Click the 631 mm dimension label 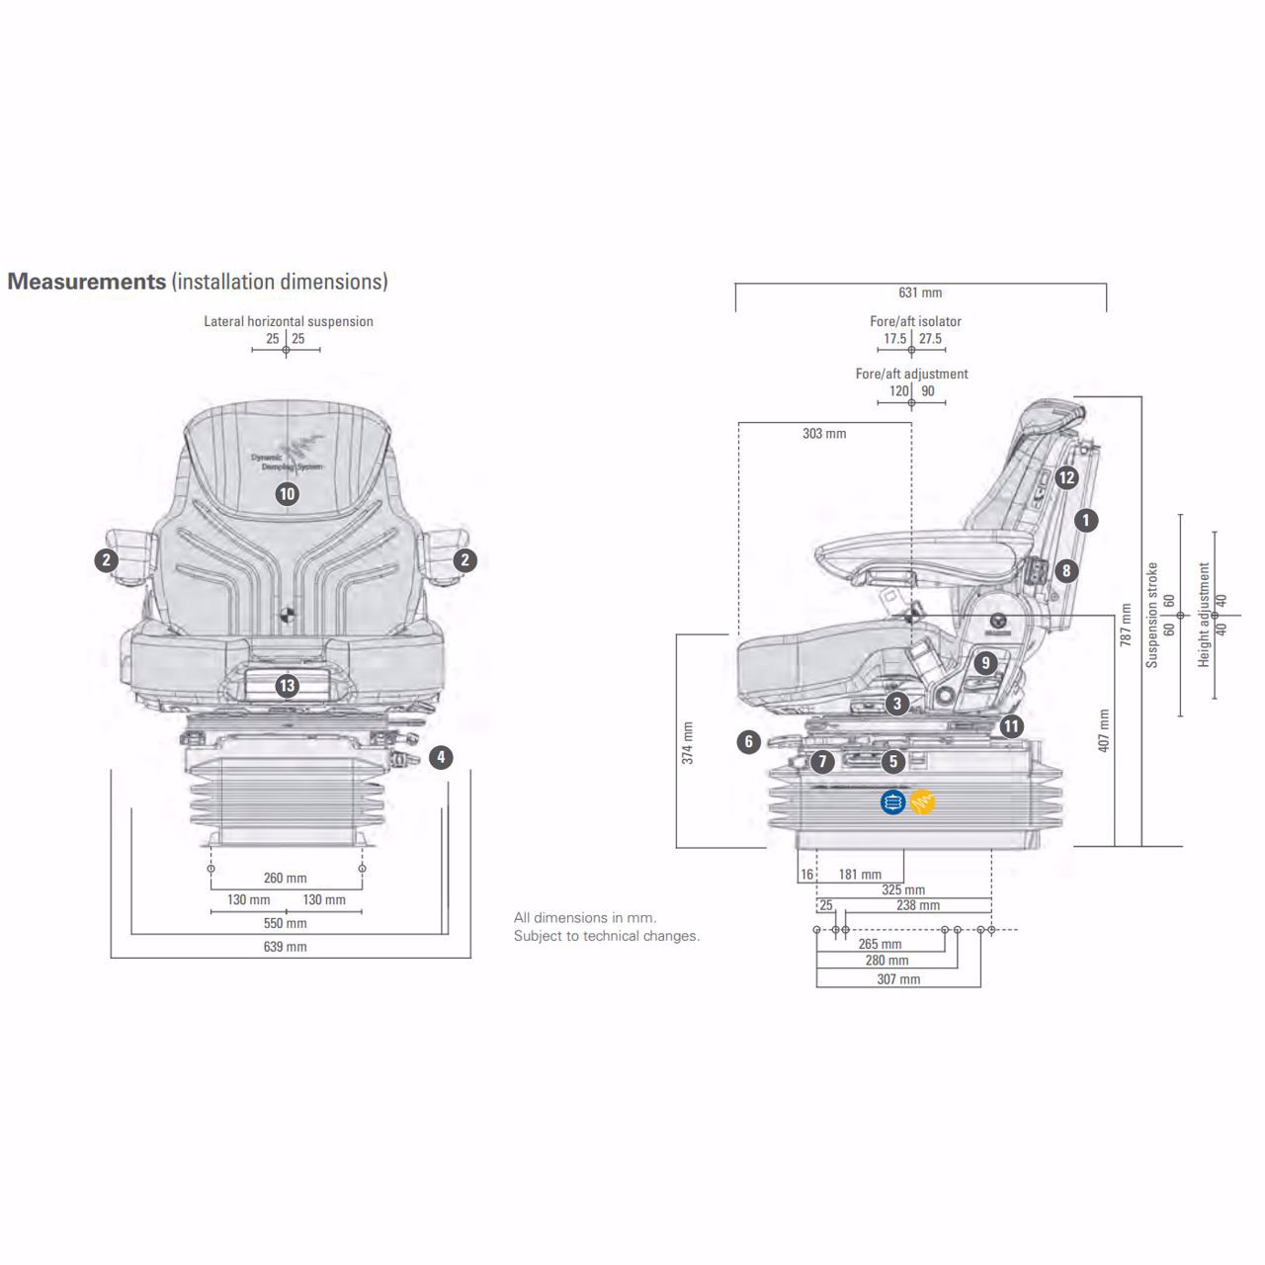coord(920,293)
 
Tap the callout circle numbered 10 coord(287,494)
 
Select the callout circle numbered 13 coord(287,685)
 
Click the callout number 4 coord(441,758)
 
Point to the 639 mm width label coord(286,947)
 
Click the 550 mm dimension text coord(286,924)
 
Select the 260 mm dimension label coord(286,878)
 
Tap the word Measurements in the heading coord(87,282)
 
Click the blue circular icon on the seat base coord(892,802)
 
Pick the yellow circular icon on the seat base coord(922,802)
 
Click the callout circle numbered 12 coord(1065,478)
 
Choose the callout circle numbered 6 coord(749,742)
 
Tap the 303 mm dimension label coord(824,434)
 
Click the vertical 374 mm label coord(688,743)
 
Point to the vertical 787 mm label coord(1126,625)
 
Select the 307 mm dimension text coord(898,979)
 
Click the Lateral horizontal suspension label coord(289,321)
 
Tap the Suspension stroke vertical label coord(1151,615)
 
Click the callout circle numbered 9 coord(984,662)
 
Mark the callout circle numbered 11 coord(1011,727)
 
